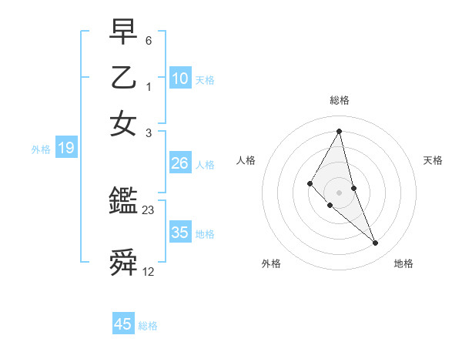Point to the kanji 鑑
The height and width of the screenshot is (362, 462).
click(x=123, y=202)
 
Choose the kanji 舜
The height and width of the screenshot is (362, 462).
click(x=123, y=263)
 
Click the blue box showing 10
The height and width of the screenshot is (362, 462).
click(x=180, y=79)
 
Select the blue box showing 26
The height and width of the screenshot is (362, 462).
click(x=180, y=163)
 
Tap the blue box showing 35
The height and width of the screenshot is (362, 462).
click(x=180, y=233)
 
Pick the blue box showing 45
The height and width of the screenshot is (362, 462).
click(x=123, y=324)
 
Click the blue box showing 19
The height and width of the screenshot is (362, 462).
click(x=66, y=149)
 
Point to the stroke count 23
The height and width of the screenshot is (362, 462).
click(x=149, y=209)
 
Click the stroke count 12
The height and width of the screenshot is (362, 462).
click(x=149, y=272)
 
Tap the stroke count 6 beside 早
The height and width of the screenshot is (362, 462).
click(x=148, y=40)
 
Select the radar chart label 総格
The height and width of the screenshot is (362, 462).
click(x=340, y=100)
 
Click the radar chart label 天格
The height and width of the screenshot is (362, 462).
click(x=434, y=160)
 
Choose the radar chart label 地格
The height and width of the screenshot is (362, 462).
click(x=403, y=263)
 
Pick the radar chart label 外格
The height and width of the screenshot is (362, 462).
click(x=271, y=263)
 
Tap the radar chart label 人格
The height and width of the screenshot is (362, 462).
click(x=246, y=160)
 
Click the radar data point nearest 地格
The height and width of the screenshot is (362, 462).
click(x=376, y=243)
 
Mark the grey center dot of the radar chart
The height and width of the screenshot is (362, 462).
click(x=340, y=192)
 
